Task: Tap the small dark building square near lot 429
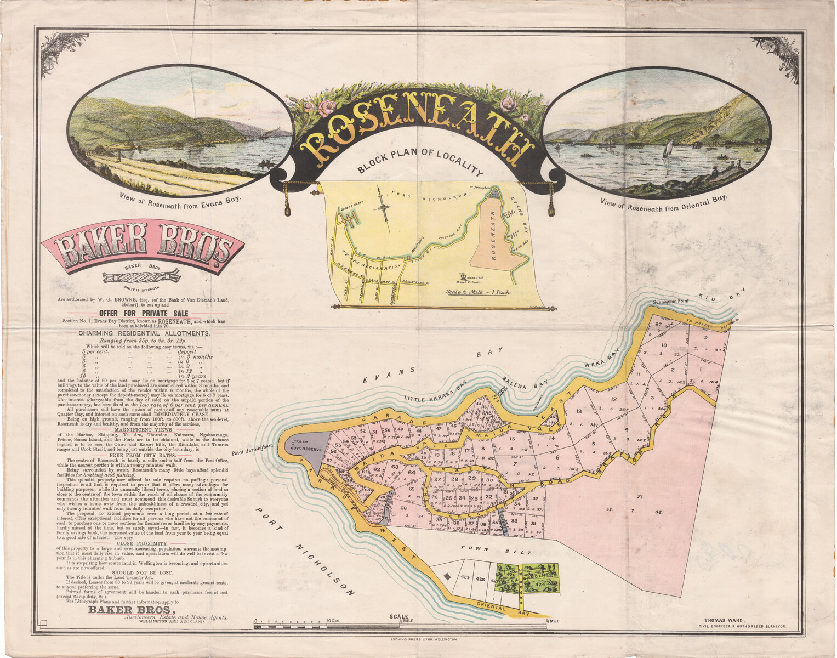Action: (x=447, y=576)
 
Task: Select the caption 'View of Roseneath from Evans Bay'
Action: (x=180, y=198)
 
